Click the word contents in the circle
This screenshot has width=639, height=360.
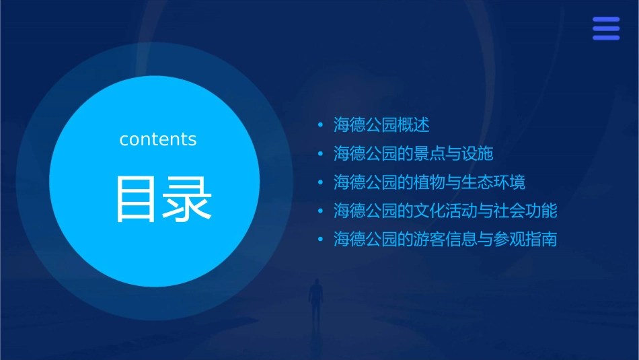158,139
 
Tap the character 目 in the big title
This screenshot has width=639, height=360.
137,199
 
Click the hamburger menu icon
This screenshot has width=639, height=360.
605,28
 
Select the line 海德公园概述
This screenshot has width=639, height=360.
381,125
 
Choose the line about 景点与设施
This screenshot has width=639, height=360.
414,154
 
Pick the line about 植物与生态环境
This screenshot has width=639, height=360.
430,182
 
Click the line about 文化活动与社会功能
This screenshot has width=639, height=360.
446,211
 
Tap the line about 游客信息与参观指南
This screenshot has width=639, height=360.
446,240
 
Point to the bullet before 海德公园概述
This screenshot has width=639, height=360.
321,125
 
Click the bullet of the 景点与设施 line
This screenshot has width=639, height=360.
321,154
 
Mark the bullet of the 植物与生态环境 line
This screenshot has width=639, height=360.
321,182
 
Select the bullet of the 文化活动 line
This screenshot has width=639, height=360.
321,211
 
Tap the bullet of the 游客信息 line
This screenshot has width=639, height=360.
321,240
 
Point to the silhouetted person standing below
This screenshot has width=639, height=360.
315,299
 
